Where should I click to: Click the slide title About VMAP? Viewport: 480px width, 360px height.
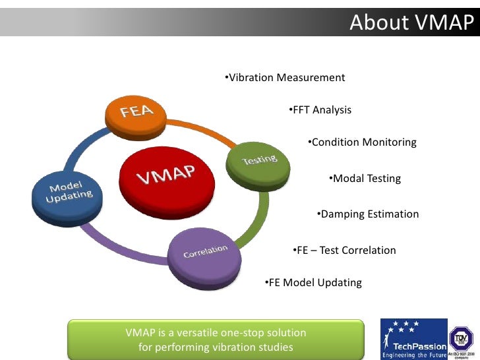click(x=411, y=22)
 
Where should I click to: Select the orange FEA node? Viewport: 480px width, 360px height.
click(x=136, y=113)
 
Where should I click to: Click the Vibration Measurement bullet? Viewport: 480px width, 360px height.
click(x=284, y=78)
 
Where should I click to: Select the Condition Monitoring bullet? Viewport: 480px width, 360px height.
click(x=362, y=142)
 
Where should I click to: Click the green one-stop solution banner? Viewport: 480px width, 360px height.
click(x=216, y=340)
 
